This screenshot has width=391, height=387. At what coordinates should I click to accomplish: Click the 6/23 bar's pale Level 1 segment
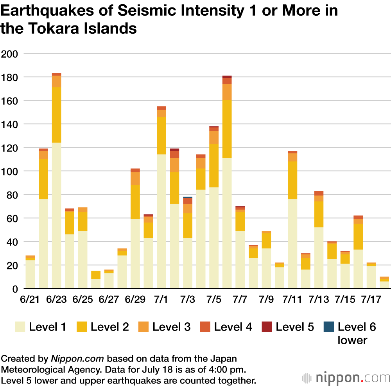tap(56, 215)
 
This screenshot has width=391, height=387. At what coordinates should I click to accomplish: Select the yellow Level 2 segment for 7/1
tap(161, 136)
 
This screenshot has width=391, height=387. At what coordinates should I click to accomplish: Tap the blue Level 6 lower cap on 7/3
tap(188, 197)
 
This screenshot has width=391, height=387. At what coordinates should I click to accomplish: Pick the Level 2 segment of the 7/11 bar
tap(292, 180)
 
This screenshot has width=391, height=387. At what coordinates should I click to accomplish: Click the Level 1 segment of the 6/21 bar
tap(30, 274)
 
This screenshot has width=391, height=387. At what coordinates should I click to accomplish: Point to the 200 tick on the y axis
tap(10, 54)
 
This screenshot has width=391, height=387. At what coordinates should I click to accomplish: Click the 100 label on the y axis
tap(10, 171)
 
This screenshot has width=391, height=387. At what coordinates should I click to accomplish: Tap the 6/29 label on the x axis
tap(135, 300)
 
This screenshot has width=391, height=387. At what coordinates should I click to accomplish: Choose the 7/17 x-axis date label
tap(371, 300)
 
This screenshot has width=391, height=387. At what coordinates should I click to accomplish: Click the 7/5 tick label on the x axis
tap(214, 300)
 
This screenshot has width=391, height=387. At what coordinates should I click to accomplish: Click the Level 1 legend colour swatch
tap(20, 327)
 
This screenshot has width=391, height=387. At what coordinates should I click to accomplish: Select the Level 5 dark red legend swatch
tap(267, 327)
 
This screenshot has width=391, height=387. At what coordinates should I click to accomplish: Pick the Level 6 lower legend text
tap(357, 333)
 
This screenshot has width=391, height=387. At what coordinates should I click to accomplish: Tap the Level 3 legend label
tap(171, 327)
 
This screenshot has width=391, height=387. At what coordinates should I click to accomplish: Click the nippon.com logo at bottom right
tap(346, 378)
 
